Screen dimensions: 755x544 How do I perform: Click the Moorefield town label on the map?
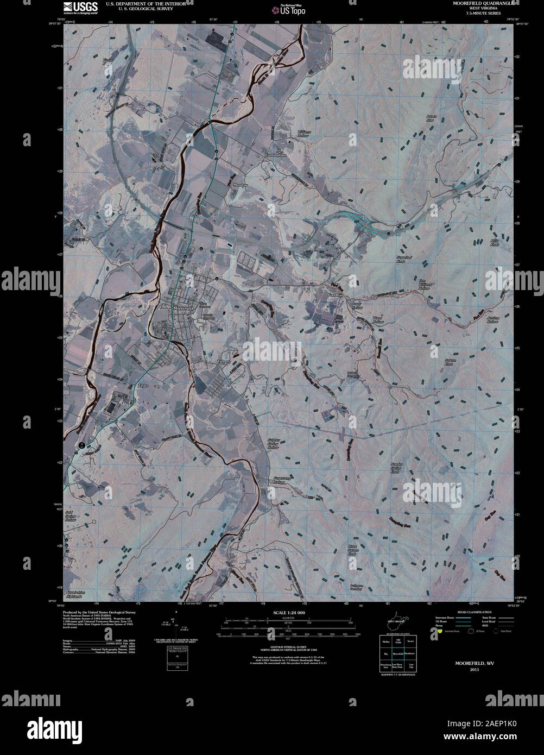click(x=182, y=308)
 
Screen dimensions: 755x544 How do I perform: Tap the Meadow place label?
click(x=240, y=185)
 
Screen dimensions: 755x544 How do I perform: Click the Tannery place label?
click(x=224, y=361)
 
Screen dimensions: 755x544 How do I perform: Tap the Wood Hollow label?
click(x=377, y=319)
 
